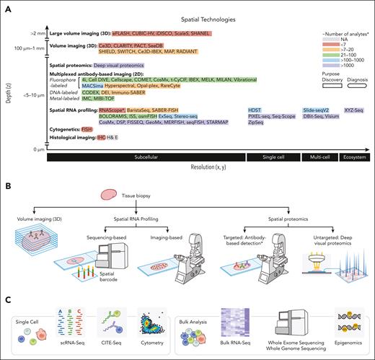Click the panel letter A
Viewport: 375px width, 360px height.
pyautogui.click(x=7, y=6)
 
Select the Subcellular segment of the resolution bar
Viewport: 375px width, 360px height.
pyautogui.click(x=147, y=156)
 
